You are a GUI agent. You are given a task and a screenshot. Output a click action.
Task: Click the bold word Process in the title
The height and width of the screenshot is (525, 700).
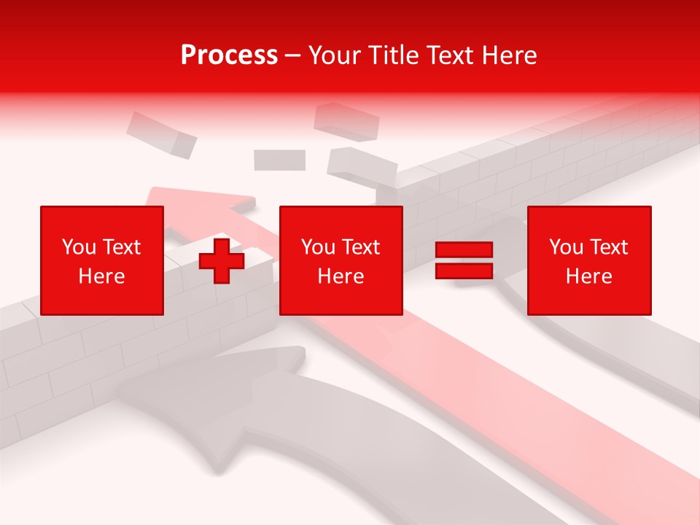229,55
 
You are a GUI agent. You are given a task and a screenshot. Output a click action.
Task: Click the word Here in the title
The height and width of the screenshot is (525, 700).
508,55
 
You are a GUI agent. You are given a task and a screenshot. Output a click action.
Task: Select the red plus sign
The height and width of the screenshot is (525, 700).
222,261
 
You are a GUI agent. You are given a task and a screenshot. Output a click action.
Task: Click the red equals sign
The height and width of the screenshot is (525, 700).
464,260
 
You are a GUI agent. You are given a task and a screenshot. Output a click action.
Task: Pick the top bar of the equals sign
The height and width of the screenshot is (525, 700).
464,250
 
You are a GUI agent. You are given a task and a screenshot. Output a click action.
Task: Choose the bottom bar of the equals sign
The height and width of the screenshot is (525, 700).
464,271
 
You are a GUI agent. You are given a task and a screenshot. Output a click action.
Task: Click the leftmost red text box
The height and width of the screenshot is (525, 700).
101,260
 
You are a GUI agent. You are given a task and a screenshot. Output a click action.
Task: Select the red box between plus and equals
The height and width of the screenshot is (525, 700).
341,260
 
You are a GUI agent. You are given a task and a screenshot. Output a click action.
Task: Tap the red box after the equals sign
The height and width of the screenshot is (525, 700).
588,260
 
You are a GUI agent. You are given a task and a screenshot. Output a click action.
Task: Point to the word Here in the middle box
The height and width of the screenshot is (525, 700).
341,276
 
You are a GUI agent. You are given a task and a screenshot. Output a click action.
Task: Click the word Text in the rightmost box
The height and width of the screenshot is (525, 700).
610,247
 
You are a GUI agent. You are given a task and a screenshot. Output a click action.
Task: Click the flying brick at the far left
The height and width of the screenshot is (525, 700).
161,134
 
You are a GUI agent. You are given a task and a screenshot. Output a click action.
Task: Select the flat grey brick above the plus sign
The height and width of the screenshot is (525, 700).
279,160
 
